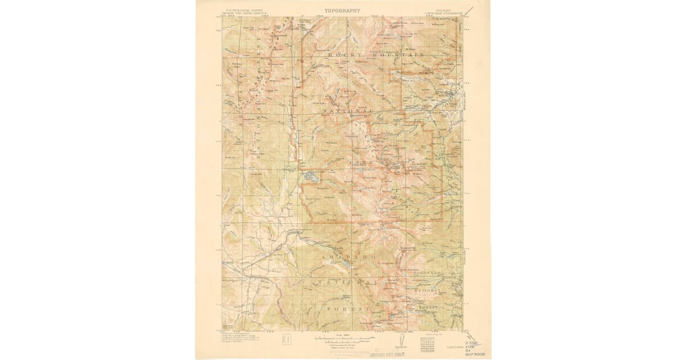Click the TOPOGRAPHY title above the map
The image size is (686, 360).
click(343, 10)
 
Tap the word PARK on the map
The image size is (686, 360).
click(361, 162)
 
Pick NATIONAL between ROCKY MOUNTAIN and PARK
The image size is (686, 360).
click(348, 110)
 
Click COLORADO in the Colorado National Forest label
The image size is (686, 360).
click(428, 274)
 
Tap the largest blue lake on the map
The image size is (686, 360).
click(310, 177)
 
